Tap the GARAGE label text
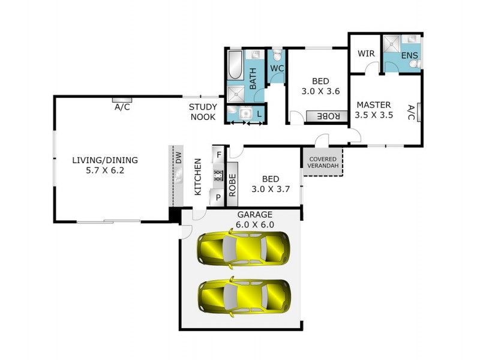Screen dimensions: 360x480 pos(254,215)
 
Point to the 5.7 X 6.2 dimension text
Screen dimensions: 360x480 pos(105,170)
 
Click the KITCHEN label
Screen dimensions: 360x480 pos(197,177)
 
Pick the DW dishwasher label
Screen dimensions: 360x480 pos(178,157)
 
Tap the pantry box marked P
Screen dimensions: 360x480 pos(217,196)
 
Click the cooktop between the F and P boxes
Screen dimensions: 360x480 pos(217,176)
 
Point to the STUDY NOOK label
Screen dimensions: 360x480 pos(203,112)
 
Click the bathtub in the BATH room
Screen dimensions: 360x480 pos(235,65)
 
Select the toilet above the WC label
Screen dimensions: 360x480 pos(277,55)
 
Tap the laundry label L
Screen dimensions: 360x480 pos(259,113)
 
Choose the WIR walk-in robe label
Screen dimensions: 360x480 pos(366,53)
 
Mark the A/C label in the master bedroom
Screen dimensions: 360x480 pos(411,112)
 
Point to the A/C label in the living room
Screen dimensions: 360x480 pos(122,107)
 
